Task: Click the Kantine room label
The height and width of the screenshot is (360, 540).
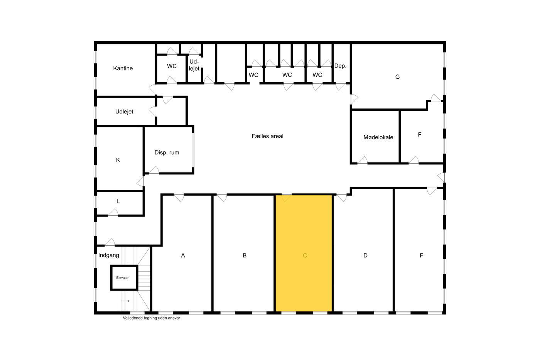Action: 123,68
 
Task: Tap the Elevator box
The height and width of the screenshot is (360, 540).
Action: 124,277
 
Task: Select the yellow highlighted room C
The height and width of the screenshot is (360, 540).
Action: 304,253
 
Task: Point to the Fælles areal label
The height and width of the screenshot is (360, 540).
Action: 267,136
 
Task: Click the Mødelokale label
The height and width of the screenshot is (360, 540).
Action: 378,137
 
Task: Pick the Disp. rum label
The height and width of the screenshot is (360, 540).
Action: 167,152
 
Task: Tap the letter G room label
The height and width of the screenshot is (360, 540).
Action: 397,77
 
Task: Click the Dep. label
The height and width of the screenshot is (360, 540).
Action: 340,66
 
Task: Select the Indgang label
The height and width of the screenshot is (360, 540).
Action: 108,255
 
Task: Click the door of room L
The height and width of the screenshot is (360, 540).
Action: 113,213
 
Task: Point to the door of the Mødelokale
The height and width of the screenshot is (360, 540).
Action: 362,161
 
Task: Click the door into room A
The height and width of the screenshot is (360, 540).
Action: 179,198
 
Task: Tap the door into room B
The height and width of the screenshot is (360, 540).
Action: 222,198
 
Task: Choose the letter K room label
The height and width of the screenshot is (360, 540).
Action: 118,160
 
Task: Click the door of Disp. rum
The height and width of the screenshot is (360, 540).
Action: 154,170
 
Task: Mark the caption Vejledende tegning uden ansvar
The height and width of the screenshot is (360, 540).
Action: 151,318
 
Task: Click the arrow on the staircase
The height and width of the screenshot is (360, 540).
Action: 125,301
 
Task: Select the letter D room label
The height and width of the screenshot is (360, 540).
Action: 365,255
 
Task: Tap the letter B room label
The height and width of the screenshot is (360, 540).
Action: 245,255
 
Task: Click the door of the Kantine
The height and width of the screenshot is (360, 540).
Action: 153,89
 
